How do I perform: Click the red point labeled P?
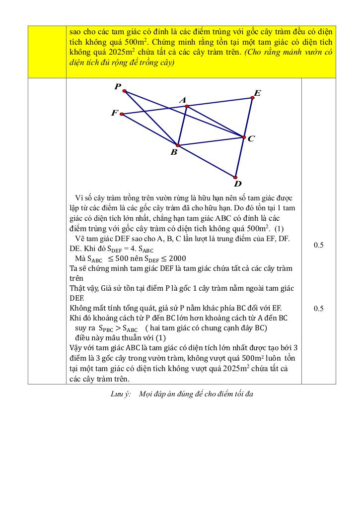coord(125,91)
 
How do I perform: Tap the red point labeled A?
coord(186,106)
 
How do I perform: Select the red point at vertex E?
coord(252,98)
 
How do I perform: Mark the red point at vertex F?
coord(123,115)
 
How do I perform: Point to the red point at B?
coord(177,145)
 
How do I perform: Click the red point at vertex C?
coord(244,137)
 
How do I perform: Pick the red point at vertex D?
coord(235,177)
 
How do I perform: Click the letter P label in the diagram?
coord(118,87)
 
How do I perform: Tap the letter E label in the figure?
coord(257,93)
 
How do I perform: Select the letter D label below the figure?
coord(238,184)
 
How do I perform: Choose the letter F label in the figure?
coord(115,113)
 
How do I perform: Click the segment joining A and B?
coord(182,126)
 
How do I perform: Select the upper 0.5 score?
coord(318,245)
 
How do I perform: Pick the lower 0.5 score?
coord(318,309)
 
